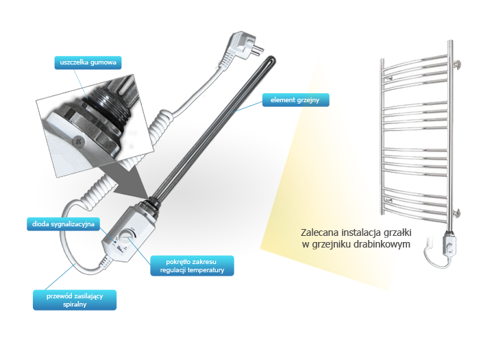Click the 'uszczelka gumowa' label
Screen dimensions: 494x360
(88, 62)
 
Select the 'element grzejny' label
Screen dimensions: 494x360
(295, 100)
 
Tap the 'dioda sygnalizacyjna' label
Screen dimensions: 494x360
(63, 224)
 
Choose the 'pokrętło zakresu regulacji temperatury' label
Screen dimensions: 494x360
(192, 266)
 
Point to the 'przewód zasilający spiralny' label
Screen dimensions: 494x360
(75, 300)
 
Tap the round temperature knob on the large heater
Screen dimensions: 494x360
(127, 236)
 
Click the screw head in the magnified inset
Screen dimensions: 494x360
(78, 141)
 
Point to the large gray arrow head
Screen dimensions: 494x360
(132, 184)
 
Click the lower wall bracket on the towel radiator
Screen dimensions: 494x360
(456, 213)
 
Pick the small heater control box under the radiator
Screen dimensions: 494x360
(449, 244)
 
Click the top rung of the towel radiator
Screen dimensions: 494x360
(415, 62)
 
